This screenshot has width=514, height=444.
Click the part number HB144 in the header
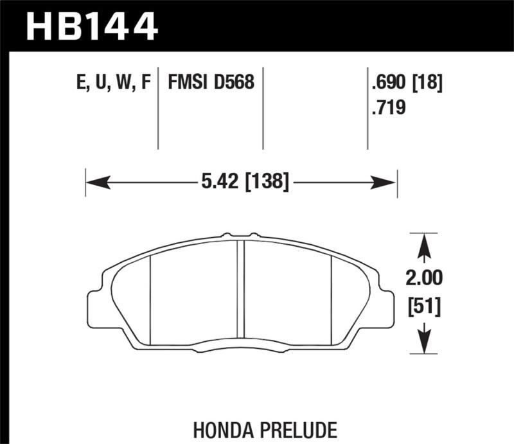coord(91,26)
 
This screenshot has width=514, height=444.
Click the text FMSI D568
coord(211,83)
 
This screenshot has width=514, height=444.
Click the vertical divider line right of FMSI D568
coord(263,109)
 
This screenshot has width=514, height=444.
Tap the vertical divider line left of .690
coord(368,109)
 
